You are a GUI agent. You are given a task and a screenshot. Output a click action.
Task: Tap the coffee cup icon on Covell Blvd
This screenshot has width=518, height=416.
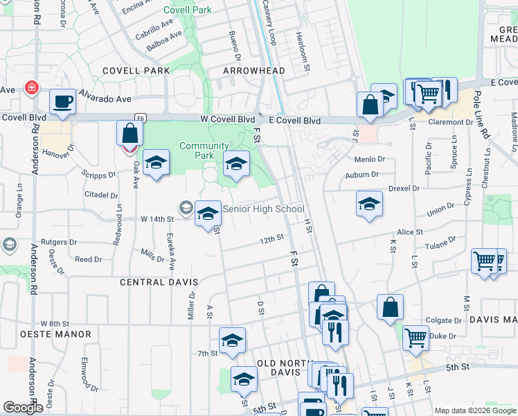pos(63,101)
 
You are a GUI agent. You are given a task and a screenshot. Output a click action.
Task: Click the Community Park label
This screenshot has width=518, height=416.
pos(204,150)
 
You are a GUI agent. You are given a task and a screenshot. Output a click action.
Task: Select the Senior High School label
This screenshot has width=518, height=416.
pos(263,209)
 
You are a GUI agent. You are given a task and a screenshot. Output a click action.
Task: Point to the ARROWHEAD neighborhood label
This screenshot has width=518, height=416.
pos(254,71)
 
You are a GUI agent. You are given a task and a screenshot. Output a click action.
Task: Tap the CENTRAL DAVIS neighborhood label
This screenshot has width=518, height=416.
pos(159,283)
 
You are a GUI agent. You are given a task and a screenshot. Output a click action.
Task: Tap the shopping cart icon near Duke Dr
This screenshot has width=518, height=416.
pos(415,338)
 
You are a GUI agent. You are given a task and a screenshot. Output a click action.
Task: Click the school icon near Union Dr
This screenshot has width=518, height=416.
pos(369,203)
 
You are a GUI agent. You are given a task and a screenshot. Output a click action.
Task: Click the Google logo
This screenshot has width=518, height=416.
pos(22,408)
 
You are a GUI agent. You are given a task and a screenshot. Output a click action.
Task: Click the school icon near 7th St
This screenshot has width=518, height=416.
pos(232,340)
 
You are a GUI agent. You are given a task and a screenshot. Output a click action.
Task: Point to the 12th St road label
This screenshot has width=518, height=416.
pos(272,239)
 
